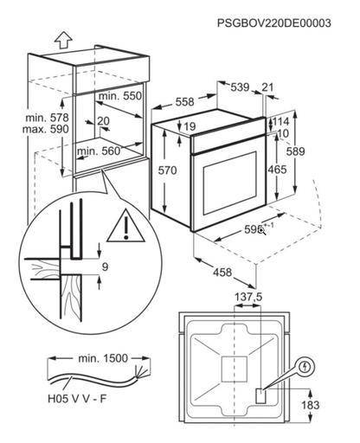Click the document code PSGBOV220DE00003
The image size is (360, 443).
pos(274,22)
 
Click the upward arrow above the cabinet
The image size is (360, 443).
pos(64,40)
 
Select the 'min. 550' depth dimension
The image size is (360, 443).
pos(120,96)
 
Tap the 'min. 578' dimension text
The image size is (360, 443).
pos(47,118)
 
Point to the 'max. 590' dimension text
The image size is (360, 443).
pos(46,129)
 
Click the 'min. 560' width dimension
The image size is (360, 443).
pos(99,151)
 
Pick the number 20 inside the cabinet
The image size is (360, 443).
pos(103,121)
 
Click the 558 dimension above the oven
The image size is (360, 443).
pos(185,102)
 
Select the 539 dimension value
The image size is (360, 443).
pos(240,87)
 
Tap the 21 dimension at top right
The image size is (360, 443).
pos(267,87)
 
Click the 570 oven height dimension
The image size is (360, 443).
pos(167,170)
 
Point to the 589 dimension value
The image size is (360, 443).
pos(295,151)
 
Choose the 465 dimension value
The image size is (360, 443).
pos(277,170)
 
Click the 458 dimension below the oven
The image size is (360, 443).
pos(222,272)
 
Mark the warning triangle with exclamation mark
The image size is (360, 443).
pos(125,226)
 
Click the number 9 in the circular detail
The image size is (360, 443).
pos(105,266)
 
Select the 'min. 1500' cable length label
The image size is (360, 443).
pos(103,358)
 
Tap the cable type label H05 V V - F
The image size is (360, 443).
pos(77,399)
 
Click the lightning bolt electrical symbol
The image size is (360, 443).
pos(305,367)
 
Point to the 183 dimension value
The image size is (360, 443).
pos(311,405)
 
